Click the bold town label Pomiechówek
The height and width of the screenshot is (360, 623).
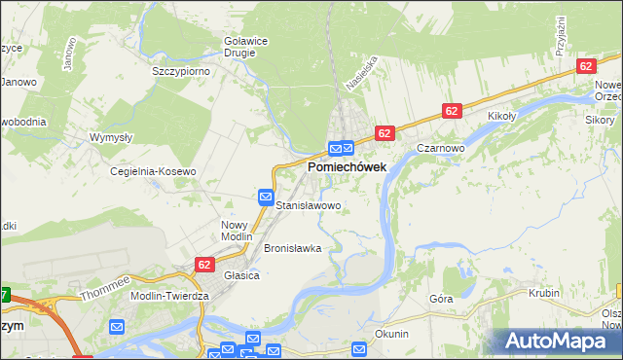pyautogui.click(x=347, y=167)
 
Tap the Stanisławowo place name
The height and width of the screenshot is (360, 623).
pyautogui.click(x=309, y=206)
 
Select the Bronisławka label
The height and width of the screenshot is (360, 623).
pyautogui.click(x=292, y=248)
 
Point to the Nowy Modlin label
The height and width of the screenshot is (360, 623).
pyautogui.click(x=237, y=230)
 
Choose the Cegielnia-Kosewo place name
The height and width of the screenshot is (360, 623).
pyautogui.click(x=154, y=171)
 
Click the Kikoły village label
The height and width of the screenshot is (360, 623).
pyautogui.click(x=501, y=116)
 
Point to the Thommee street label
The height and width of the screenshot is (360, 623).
pyautogui.click(x=105, y=287)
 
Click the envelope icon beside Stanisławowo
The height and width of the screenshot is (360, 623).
pyautogui.click(x=266, y=197)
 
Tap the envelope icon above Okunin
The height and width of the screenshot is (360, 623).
pyautogui.click(x=359, y=349)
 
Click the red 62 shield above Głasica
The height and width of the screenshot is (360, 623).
pyautogui.click(x=204, y=264)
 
